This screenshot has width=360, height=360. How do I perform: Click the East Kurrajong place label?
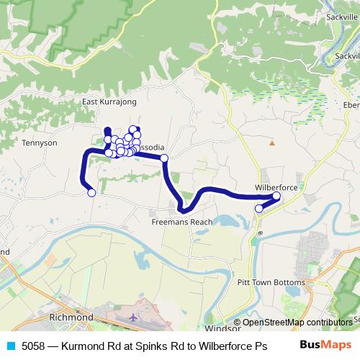point(109,102)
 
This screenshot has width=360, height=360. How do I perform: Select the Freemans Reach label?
point(182,222)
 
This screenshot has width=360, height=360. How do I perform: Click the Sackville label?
point(342,36)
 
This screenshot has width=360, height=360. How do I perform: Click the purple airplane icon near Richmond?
point(133,316)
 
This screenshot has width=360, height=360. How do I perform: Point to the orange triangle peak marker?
point(272,143)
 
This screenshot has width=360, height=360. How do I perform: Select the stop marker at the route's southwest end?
point(91,192)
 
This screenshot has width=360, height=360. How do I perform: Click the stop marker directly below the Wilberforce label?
point(276,196)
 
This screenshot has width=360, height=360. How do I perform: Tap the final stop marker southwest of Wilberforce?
point(259,209)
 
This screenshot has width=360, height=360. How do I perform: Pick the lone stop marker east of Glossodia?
point(163,158)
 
